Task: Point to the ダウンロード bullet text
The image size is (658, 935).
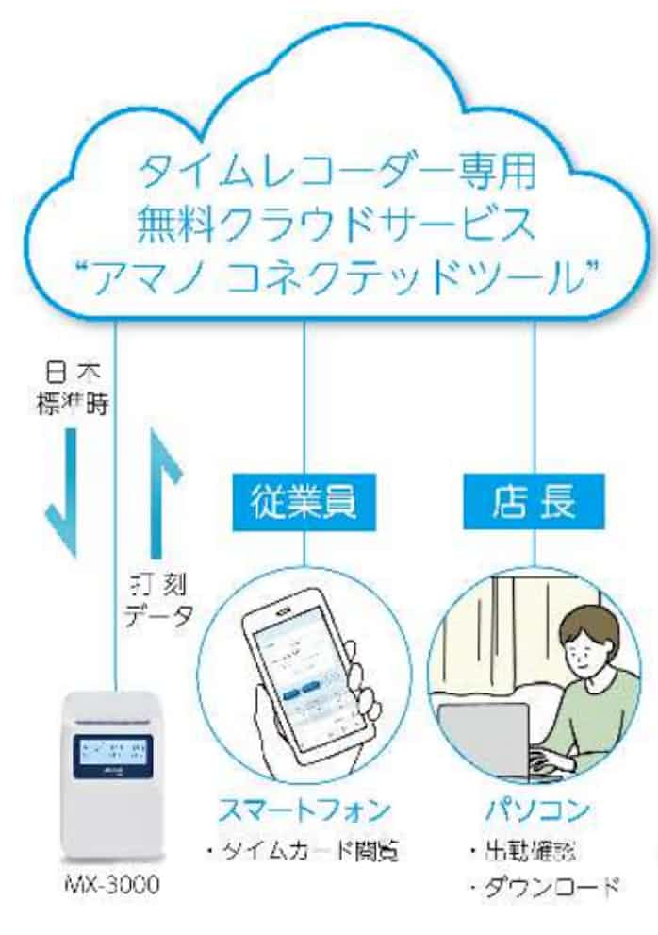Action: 544,888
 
